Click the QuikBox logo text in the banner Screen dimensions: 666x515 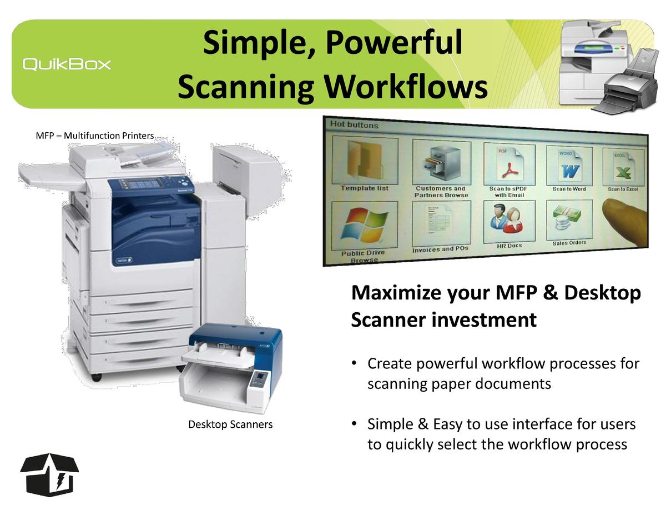[x=67, y=64]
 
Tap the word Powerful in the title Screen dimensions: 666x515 [x=394, y=43]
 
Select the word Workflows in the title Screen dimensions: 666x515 [x=406, y=87]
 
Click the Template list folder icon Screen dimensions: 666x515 [x=365, y=161]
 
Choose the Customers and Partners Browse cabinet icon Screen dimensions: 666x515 [x=442, y=162]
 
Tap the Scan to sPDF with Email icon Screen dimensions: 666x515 [x=509, y=164]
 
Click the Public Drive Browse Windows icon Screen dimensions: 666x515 [x=365, y=225]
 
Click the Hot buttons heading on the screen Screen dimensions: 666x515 [x=354, y=125]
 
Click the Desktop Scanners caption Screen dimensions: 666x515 [x=230, y=424]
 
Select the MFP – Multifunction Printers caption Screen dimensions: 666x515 [x=95, y=136]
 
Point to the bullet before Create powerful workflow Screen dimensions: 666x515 [x=354, y=363]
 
